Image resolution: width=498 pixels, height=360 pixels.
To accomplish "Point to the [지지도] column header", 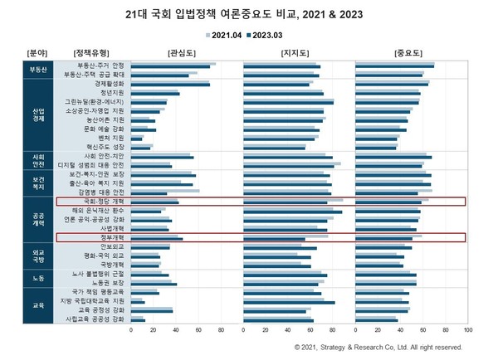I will (294, 51).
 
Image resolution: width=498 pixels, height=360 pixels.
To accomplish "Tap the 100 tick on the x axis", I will (467, 329).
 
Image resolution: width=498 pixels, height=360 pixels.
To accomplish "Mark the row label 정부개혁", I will (111, 237).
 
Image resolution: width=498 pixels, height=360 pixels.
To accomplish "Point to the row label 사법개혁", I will (111, 228).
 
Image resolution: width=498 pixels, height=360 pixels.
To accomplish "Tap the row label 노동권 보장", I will (107, 282).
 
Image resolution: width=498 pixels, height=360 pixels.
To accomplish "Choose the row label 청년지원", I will (111, 93).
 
